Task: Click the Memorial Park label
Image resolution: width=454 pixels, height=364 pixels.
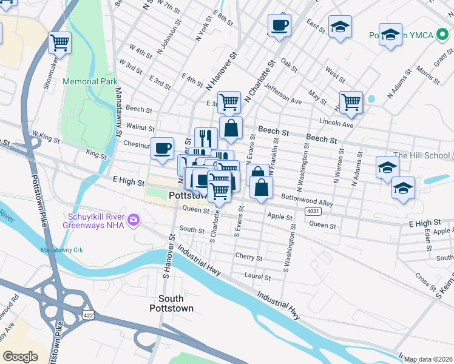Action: tap(89, 81)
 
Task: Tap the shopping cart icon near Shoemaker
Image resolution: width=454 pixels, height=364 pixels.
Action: tap(60, 42)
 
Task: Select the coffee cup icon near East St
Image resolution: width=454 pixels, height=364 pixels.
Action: tap(279, 25)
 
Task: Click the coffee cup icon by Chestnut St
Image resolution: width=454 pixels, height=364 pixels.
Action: tap(162, 149)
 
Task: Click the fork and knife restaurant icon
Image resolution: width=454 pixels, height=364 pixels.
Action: tap(206, 138)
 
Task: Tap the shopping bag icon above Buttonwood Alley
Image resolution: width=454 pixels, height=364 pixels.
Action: tap(261, 187)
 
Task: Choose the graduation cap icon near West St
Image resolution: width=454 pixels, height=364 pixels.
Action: tap(340, 27)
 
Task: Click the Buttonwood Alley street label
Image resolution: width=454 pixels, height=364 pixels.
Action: tap(307, 200)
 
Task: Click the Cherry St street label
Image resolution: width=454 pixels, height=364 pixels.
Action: tap(248, 257)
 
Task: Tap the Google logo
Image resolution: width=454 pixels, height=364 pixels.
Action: tap(20, 356)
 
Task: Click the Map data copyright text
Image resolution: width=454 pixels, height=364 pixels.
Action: tap(428, 359)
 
